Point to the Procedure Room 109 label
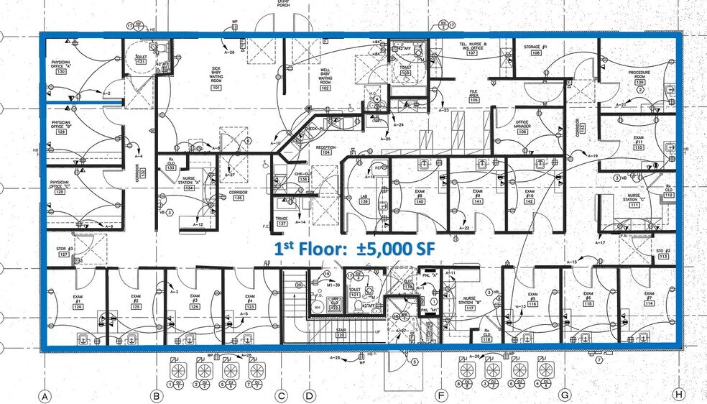(x=639, y=77)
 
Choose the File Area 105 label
(x=474, y=96)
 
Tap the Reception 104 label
(x=326, y=150)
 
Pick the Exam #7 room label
(x=649, y=299)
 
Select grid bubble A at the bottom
(x=44, y=395)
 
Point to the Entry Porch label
(x=284, y=4)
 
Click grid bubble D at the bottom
(x=310, y=395)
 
